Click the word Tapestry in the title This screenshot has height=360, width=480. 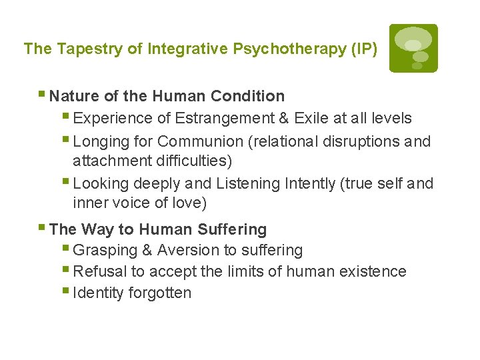[79, 49]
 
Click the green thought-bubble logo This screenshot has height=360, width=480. [413, 48]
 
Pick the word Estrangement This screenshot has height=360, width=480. [215, 119]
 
